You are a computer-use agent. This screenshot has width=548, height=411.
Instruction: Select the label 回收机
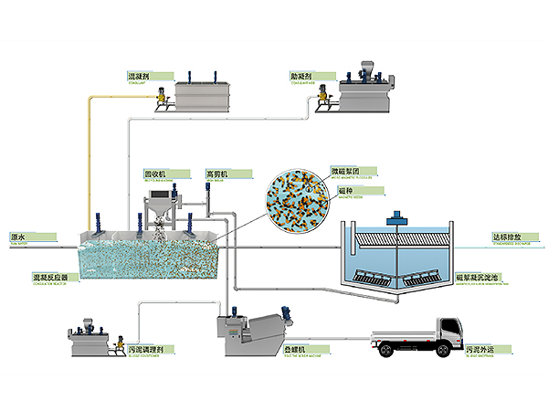pos(153,173)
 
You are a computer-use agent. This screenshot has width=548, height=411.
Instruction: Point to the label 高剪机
pos(216,173)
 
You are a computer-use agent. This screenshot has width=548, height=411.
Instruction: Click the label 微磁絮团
pos(343,171)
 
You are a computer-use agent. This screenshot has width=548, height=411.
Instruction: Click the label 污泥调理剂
pos(146,349)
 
